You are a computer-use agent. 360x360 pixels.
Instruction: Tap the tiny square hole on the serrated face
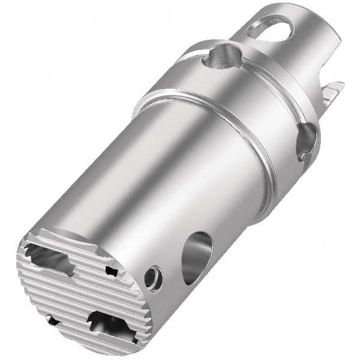pos(112,271)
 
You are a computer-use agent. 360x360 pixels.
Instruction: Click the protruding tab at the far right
pos(331,92)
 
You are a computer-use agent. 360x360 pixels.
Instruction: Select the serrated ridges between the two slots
pos(84,291)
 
